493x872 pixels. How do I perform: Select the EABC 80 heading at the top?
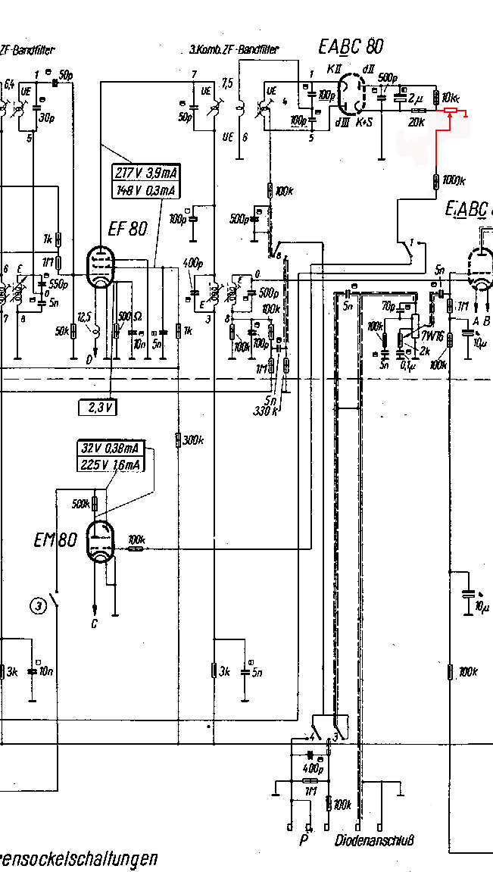[351, 47]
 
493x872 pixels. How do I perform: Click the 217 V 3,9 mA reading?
[144, 171]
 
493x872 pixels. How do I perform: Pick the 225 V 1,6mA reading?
[111, 464]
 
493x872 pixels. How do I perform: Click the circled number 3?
[39, 605]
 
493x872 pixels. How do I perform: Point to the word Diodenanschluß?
[375, 840]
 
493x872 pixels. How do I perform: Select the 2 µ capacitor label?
[417, 98]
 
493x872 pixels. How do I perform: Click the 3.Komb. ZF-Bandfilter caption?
[234, 50]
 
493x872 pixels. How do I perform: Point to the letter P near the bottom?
[303, 840]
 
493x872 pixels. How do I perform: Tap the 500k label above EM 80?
[80, 502]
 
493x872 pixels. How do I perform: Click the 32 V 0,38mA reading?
[111, 449]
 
